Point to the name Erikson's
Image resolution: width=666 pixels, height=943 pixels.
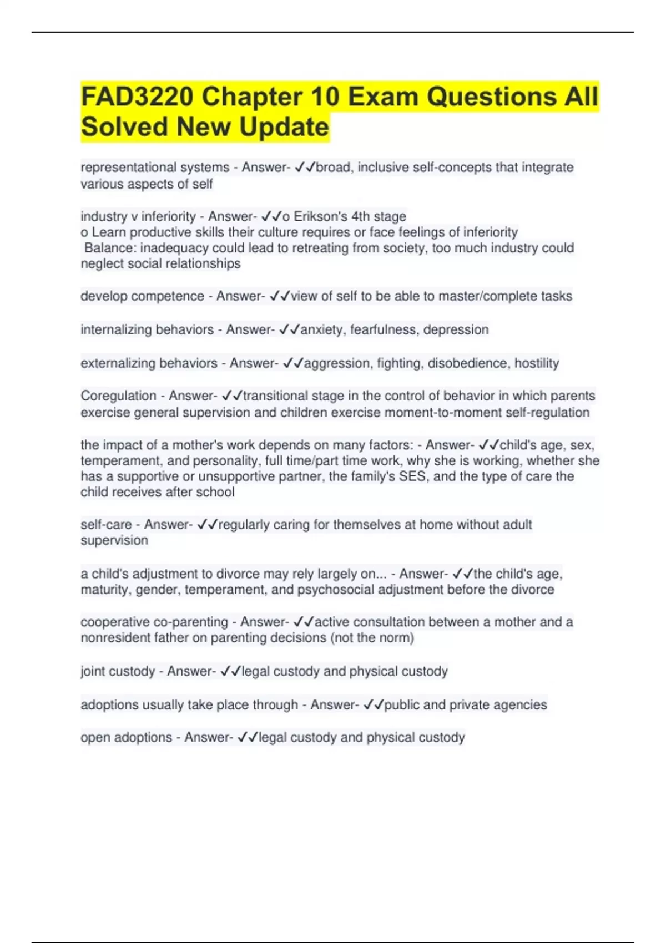(x=318, y=216)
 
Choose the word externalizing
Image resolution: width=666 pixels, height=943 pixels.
(x=118, y=363)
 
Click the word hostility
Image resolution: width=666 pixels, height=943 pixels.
(x=537, y=363)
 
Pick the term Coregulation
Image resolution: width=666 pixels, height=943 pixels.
(x=118, y=396)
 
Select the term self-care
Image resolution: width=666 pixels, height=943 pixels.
(x=106, y=524)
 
